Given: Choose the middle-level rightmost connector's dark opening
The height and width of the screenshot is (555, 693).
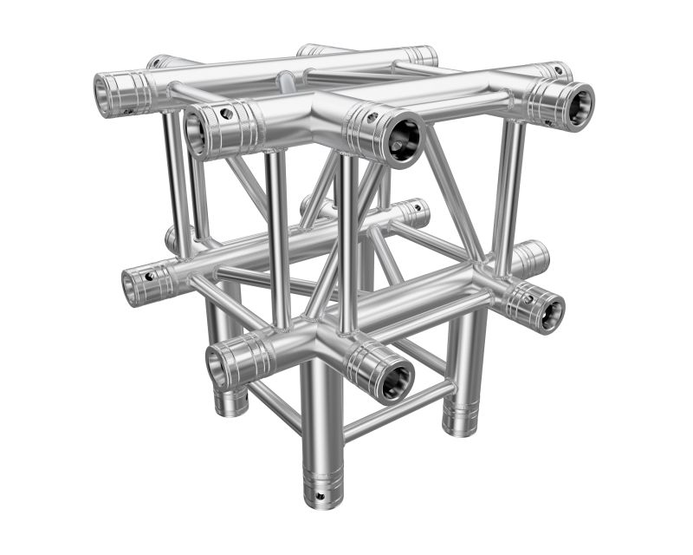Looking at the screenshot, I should (x=551, y=313).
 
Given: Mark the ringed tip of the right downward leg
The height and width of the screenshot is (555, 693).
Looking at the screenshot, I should (x=460, y=422).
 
